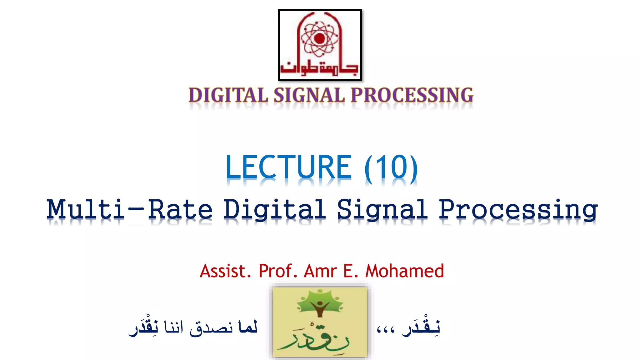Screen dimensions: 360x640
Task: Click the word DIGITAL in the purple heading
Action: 228,95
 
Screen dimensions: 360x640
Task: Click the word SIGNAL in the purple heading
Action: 309,95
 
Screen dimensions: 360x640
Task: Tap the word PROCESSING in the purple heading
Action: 412,95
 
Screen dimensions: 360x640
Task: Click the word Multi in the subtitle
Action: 86,209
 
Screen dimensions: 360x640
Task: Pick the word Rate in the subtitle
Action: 181,209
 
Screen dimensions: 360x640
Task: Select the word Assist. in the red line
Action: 225,271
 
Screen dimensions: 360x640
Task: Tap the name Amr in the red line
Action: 320,271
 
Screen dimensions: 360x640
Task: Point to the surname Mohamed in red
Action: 404,271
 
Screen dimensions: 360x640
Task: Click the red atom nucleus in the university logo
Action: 319,39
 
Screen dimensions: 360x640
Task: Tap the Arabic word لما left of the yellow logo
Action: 247,327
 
